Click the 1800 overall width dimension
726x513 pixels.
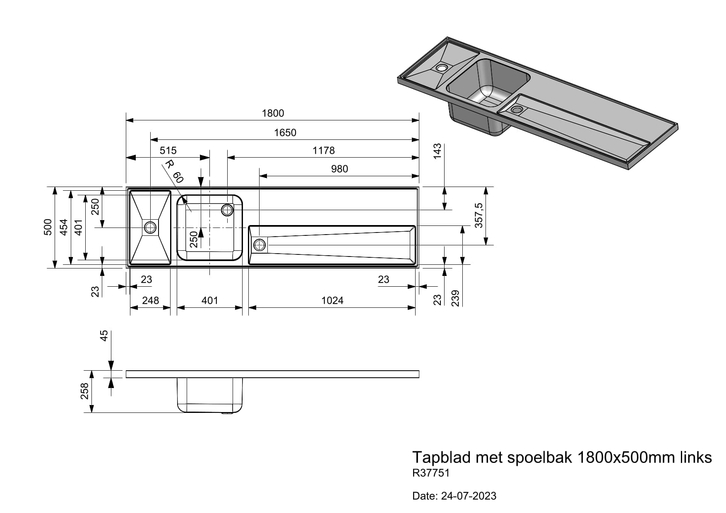pyautogui.click(x=273, y=113)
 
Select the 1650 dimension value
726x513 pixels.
pyautogui.click(x=285, y=132)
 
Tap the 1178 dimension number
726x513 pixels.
pyautogui.click(x=323, y=150)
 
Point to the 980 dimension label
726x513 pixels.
pyautogui.click(x=339, y=169)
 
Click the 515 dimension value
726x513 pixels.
pyautogui.click(x=168, y=150)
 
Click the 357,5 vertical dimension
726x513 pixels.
pyautogui.click(x=479, y=215)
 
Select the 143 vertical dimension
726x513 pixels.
pyautogui.click(x=438, y=151)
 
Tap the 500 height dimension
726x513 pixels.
pyautogui.click(x=48, y=227)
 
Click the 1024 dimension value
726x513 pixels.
pyautogui.click(x=332, y=300)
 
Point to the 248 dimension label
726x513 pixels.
pyautogui.click(x=150, y=300)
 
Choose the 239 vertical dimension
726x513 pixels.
pyautogui.click(x=455, y=298)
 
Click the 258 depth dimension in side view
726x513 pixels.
pyautogui.click(x=84, y=391)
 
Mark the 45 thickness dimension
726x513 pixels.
pyautogui.click(x=104, y=336)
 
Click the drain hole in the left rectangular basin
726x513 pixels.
pyautogui.click(x=150, y=227)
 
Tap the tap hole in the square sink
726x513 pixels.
pyautogui.click(x=227, y=210)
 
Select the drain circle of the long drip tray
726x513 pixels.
pyautogui.click(x=260, y=245)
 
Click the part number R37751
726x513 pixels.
pyautogui.click(x=430, y=473)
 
